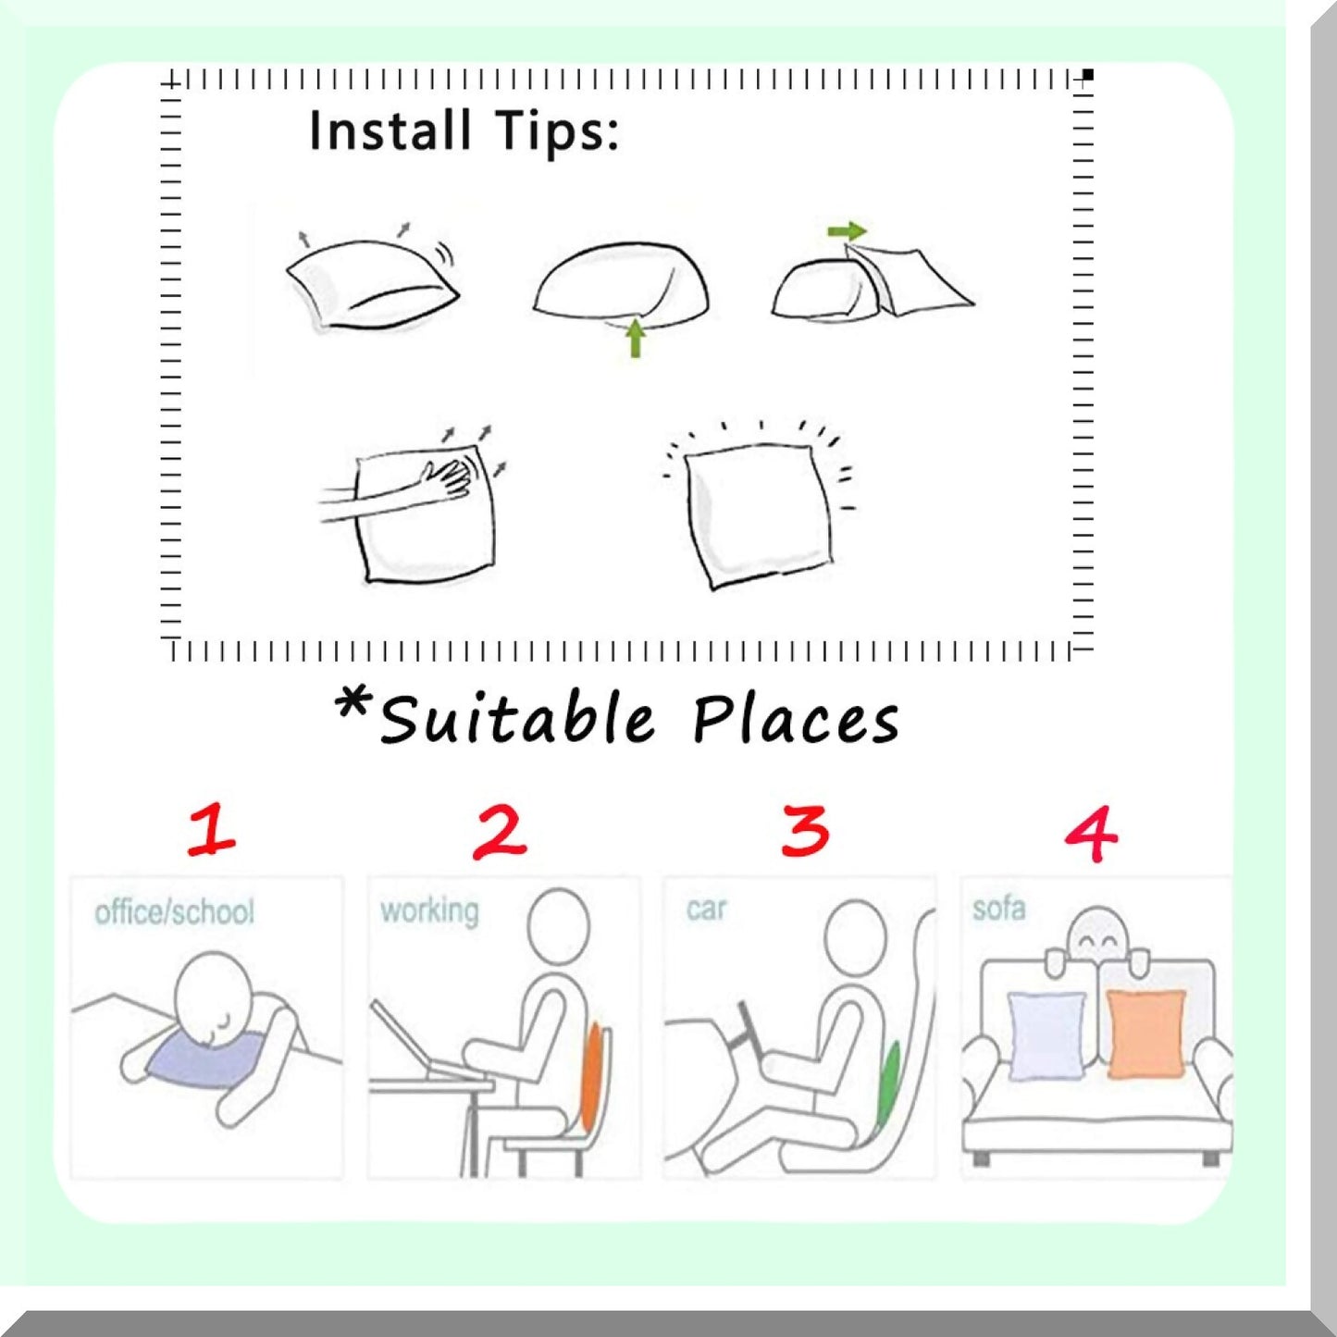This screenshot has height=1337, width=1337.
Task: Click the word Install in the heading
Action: click(390, 130)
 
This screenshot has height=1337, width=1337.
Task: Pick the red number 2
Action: click(500, 832)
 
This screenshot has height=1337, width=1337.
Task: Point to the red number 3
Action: click(805, 831)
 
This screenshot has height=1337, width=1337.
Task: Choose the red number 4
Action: click(1092, 834)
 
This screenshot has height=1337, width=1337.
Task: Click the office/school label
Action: click(175, 911)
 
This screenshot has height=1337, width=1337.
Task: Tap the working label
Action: click(429, 911)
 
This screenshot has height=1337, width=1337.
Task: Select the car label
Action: click(706, 909)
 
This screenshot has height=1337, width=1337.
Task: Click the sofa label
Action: click(999, 908)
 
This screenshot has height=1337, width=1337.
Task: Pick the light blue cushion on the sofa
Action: click(1046, 1036)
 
